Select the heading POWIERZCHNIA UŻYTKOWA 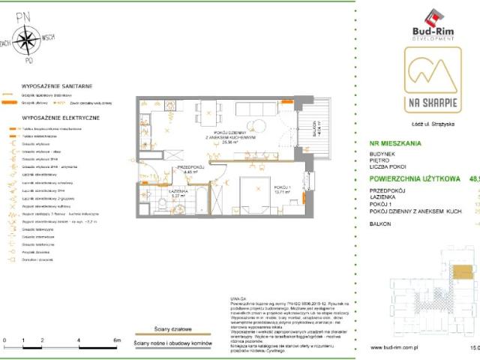pyautogui.click(x=413, y=180)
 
